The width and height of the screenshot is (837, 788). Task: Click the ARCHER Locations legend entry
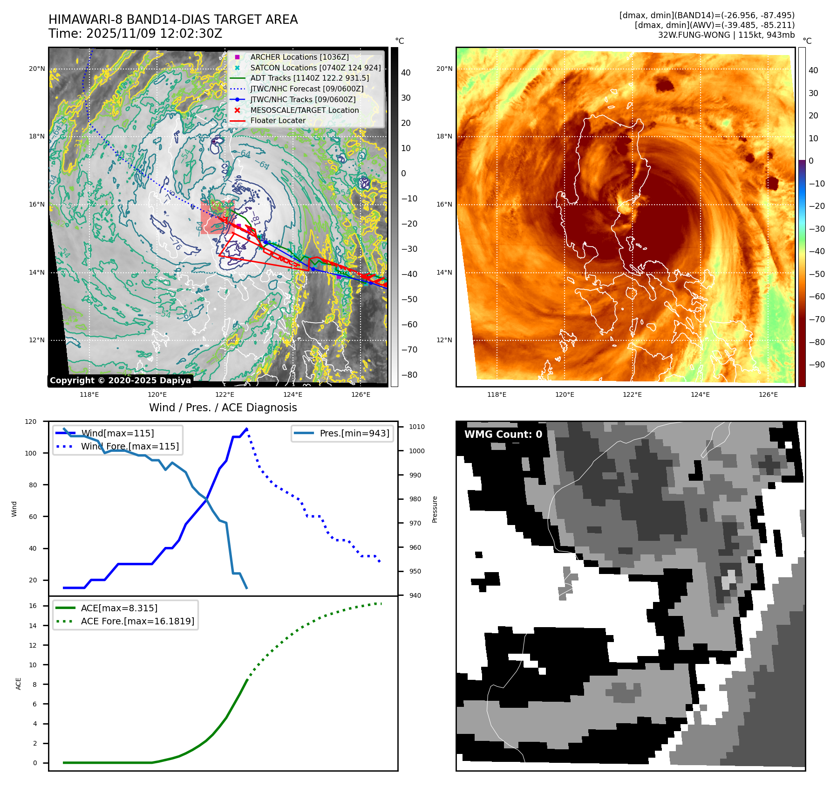pos(299,57)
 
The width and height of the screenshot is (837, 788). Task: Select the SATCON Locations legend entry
pos(315,68)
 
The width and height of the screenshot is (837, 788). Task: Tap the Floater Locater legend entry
pos(278,120)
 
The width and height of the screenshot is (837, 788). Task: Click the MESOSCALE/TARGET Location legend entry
pos(304,110)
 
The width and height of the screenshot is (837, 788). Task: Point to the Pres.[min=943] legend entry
pos(354,433)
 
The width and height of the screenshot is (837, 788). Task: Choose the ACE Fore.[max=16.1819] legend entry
pos(137,621)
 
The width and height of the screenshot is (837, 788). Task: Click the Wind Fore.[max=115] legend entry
pos(129,446)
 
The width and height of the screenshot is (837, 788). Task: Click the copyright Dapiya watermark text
pos(120,380)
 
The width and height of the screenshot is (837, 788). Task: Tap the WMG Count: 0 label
pos(503,434)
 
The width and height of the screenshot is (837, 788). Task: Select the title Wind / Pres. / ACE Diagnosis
pos(223,408)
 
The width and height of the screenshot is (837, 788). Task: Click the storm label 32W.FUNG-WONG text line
pos(726,35)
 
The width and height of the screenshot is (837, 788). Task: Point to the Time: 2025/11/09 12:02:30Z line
pos(135,34)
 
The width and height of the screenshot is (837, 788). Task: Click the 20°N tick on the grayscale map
pos(37,69)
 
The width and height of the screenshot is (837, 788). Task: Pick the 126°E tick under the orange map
pos(768,394)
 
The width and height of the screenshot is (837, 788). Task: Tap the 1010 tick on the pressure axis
pos(417,427)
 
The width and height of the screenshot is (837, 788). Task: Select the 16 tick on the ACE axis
pos(33,606)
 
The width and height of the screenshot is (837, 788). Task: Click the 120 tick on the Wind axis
pos(31,422)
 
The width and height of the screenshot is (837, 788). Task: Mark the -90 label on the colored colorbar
pos(817,365)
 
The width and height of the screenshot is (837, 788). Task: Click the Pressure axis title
pos(435,509)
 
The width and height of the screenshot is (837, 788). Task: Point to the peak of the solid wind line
pos(246,429)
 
